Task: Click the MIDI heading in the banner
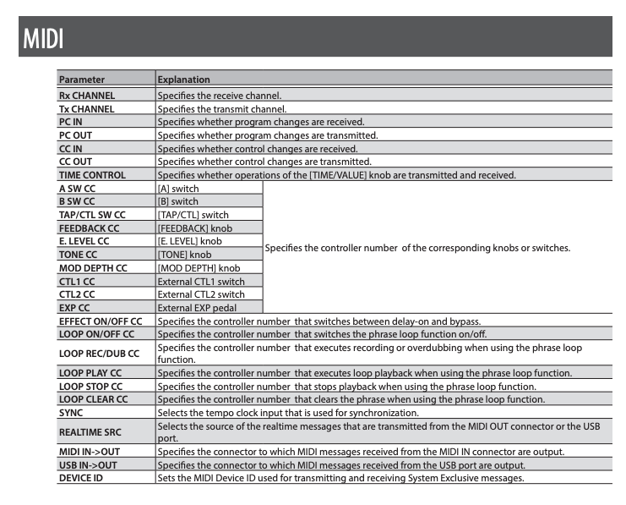[41, 39]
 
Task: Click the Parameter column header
[82, 80]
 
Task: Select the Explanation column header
[183, 80]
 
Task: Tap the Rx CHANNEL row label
[87, 96]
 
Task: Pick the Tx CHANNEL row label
[86, 109]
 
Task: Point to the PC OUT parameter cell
[77, 135]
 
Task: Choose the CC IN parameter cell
[73, 148]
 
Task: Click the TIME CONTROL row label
[92, 175]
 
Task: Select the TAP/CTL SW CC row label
[92, 215]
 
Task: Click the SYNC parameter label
[71, 412]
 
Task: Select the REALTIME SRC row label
[90, 431]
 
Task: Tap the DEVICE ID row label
[80, 478]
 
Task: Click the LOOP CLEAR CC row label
[93, 398]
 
